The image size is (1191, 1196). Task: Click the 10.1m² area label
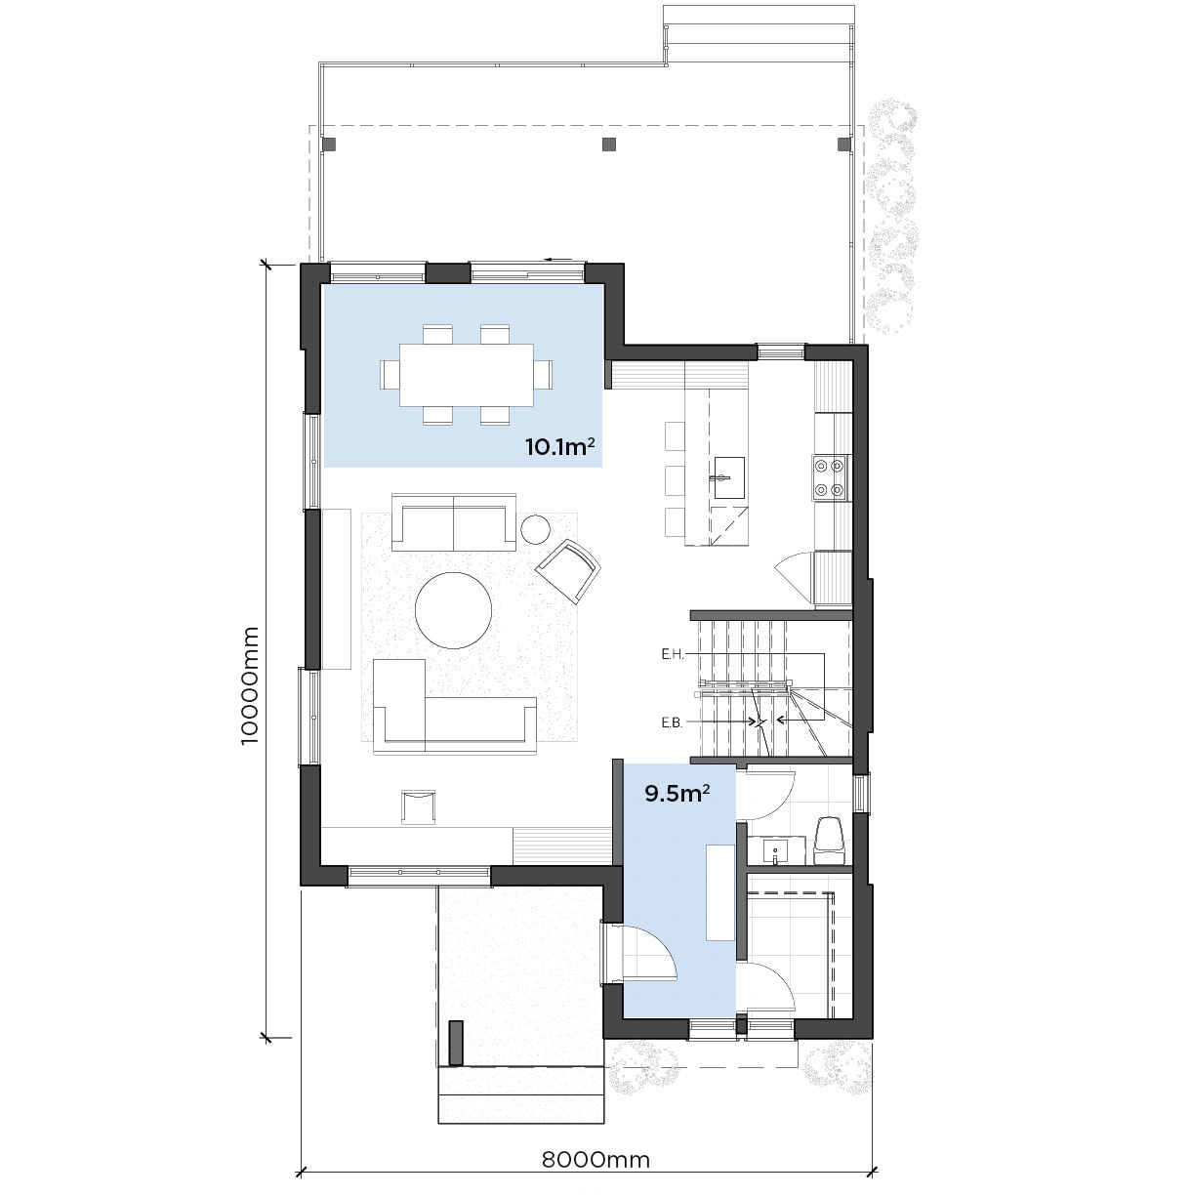pos(559,446)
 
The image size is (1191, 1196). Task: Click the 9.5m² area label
pos(678,793)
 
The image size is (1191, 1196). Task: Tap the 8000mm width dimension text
pos(595,1159)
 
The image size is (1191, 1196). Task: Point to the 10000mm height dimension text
pos(250,685)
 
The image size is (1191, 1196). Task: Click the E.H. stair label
pos(673,654)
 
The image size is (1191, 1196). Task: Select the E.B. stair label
pos(673,722)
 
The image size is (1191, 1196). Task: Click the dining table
pos(466,375)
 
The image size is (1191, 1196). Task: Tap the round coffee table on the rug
pos(453,610)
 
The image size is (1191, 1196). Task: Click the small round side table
pos(535,529)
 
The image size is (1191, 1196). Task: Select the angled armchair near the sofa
pos(568,571)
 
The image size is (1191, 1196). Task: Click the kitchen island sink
pos(729,477)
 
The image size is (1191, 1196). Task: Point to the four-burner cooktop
pos(829,477)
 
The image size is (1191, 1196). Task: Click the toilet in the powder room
pos(829,841)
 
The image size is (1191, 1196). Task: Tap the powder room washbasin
pos(775,849)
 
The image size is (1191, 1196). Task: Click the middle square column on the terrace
pos(609,144)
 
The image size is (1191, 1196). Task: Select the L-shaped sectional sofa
pos(454,706)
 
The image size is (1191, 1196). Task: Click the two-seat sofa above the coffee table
pos(454,522)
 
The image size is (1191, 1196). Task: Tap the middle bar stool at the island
pos(675,479)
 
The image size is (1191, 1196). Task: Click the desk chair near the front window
pos(418,806)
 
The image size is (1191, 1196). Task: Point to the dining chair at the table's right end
pos(543,374)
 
